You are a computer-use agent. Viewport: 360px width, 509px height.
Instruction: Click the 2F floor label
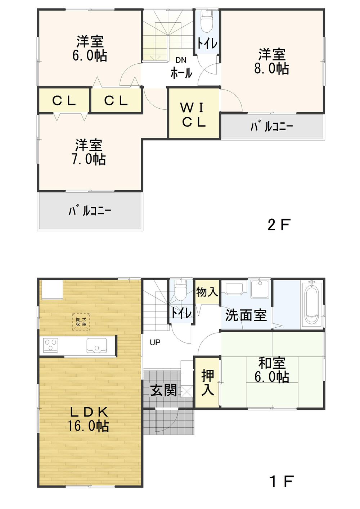coord(279,225)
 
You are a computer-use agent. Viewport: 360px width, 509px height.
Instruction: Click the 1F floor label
coord(282,481)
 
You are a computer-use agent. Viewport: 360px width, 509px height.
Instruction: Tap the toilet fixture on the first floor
coord(179,291)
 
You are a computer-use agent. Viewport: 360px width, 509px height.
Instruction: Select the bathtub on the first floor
coord(312,303)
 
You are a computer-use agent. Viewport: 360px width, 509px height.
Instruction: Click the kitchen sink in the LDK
coord(96,346)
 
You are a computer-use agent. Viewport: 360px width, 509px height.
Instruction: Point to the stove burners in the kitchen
coord(50,346)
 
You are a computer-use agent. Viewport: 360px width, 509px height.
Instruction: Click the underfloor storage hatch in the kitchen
coord(81,322)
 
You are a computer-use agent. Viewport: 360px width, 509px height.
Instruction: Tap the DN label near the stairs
coord(181,60)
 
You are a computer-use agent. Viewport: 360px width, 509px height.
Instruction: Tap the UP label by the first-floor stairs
coord(155,342)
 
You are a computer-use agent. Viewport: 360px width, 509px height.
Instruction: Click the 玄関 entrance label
coord(163,390)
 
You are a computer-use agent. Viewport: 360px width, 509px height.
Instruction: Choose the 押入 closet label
coord(207,383)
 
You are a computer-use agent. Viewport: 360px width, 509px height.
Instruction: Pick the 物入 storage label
coord(207,292)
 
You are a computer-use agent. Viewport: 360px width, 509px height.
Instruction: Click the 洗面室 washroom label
coord(246,315)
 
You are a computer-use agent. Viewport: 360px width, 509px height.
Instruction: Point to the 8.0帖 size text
coord(271,68)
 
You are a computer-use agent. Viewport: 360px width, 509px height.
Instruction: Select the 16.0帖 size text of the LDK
coord(88,426)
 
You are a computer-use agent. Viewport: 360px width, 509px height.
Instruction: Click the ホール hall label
coord(181,73)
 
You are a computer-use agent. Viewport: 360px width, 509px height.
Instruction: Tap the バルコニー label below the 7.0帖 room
coord(90,211)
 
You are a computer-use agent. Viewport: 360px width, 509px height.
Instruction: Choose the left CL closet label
coord(64,101)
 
